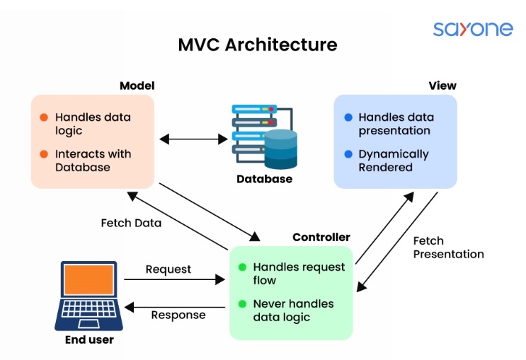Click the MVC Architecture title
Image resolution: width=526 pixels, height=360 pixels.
(x=258, y=45)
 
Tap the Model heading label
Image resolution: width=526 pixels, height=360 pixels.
(x=137, y=86)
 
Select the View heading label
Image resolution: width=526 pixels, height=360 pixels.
(x=442, y=86)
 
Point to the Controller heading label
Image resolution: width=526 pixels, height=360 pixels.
(x=321, y=237)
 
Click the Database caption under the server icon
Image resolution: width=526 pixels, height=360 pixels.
(x=264, y=179)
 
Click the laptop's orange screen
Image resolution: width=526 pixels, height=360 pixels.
(x=88, y=280)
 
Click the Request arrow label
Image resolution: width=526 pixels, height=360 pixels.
(x=168, y=269)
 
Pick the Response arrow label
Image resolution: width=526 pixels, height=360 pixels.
(x=178, y=315)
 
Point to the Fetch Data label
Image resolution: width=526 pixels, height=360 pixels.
(x=131, y=223)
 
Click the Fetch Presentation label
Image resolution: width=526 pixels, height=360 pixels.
(x=448, y=248)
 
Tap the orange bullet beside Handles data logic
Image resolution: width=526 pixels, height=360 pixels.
(x=44, y=117)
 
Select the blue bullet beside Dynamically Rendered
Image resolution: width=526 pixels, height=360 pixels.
(x=348, y=154)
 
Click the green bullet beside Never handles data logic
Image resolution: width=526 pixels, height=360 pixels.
(x=242, y=304)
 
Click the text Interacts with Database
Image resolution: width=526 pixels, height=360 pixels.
(x=93, y=161)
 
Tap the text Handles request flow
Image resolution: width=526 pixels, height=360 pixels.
(x=299, y=274)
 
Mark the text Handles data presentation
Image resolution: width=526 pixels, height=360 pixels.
(x=396, y=124)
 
